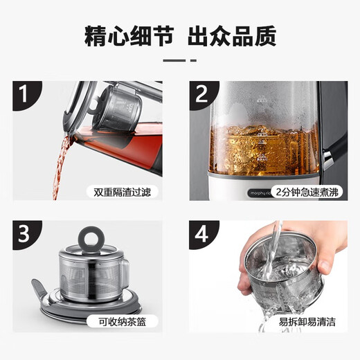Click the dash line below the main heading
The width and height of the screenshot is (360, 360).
coord(179,60)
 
